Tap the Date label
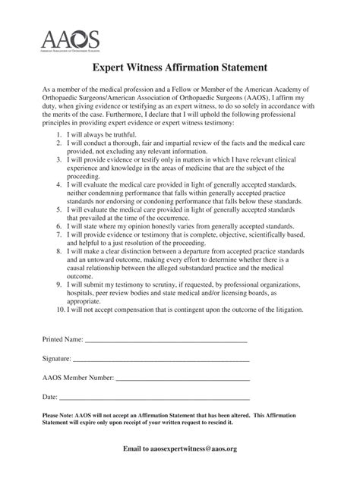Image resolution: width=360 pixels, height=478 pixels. tap(49, 397)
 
